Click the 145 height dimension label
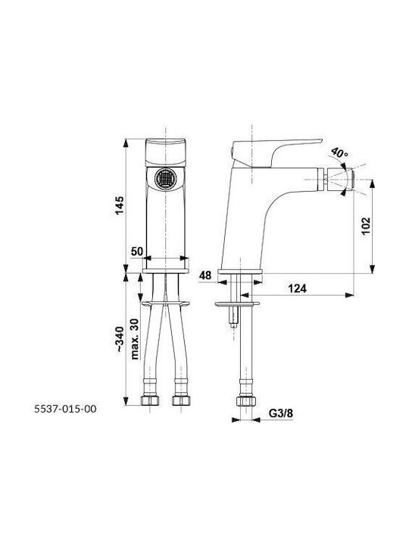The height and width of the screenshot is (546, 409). pos(120,206)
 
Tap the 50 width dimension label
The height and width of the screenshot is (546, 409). pos(137,251)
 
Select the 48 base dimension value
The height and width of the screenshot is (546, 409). pos(205,275)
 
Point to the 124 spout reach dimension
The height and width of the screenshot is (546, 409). pos(298,288)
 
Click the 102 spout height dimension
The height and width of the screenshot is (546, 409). pos(366,226)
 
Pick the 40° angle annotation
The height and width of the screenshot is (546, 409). pos(339,153)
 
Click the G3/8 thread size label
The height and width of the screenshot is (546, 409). pos(281,413)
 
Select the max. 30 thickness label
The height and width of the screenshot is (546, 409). pos(135,339)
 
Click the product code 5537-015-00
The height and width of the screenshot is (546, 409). pos(65,409)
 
